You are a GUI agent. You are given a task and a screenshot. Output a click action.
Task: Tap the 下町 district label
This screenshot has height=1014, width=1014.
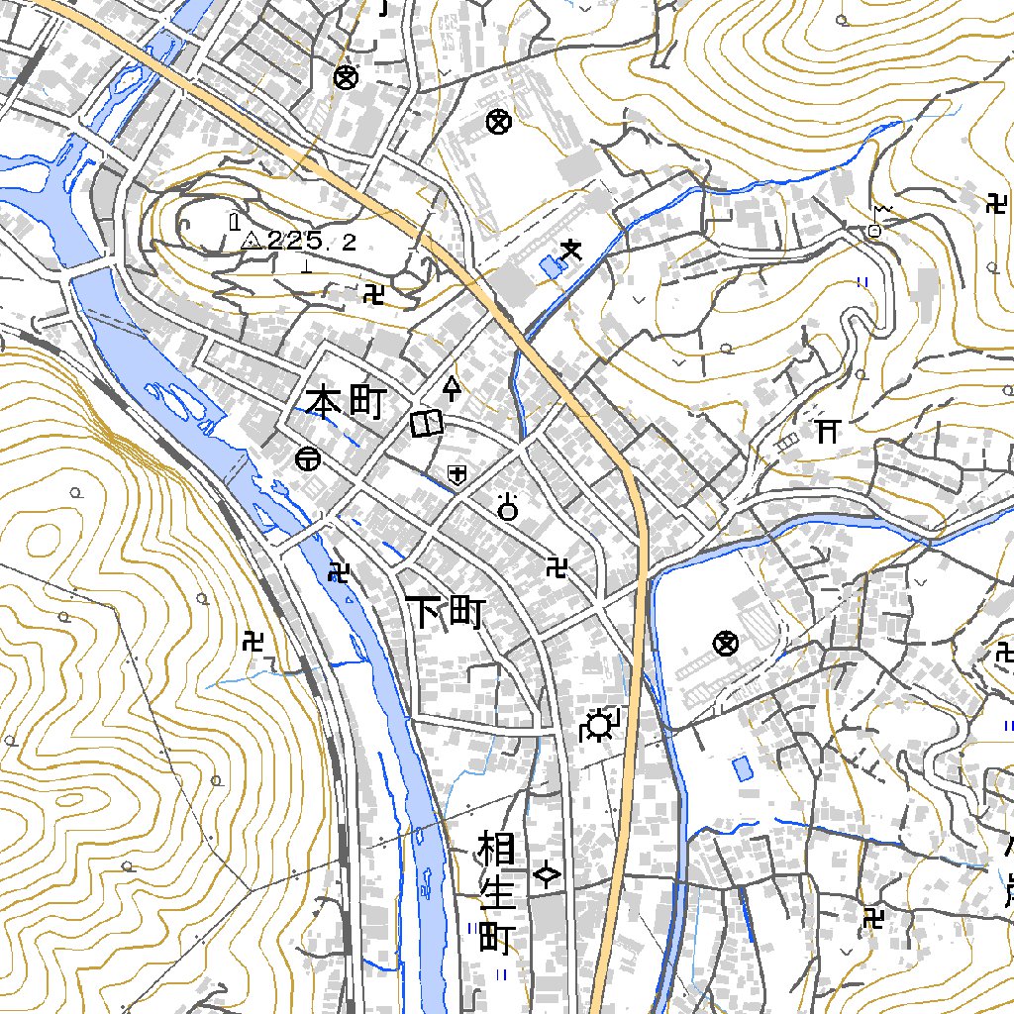[445, 613]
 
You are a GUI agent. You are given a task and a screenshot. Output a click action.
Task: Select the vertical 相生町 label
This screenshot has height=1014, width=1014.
[494, 892]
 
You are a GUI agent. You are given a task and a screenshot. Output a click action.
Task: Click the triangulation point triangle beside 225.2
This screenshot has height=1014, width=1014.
[252, 240]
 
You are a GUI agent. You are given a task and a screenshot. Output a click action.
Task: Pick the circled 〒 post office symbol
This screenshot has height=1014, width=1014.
[307, 458]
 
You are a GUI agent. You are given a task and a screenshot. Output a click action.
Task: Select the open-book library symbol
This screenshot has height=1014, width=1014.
[426, 424]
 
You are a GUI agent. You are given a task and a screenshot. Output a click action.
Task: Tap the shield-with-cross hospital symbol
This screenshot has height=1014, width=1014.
[456, 474]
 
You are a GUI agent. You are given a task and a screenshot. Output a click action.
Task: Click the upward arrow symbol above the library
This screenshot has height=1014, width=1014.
[453, 387]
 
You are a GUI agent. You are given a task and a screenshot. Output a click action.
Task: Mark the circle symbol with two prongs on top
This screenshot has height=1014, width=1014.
[509, 508]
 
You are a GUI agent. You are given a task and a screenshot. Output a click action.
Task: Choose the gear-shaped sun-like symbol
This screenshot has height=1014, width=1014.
[599, 727]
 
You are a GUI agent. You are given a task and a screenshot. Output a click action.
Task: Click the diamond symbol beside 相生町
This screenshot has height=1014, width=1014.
[547, 874]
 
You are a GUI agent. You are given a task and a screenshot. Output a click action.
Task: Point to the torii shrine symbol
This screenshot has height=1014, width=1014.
[827, 430]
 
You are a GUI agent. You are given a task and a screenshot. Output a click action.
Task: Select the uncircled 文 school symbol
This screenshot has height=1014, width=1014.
[569, 253]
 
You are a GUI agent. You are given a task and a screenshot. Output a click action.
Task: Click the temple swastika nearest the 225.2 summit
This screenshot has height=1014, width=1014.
[373, 294]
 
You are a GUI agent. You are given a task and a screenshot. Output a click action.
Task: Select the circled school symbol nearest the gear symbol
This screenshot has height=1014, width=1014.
[726, 644]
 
